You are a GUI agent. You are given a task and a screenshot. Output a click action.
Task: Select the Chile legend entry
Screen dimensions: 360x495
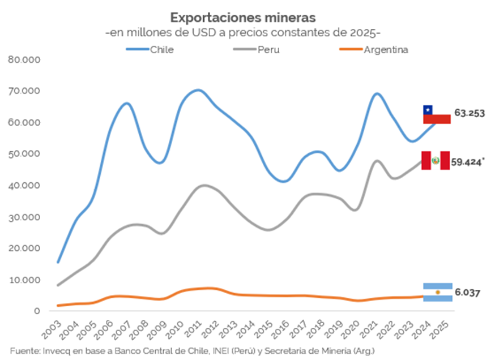(161, 49)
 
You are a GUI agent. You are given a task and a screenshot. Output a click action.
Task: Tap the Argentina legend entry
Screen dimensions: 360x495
(386, 49)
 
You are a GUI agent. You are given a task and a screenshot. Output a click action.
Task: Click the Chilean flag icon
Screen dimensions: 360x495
(437, 114)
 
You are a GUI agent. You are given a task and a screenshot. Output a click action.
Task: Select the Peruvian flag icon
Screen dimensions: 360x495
(436, 161)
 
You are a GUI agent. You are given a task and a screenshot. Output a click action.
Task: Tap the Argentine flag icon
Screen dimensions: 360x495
(437, 292)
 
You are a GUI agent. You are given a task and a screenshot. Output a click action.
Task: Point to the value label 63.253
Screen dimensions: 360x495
(468, 113)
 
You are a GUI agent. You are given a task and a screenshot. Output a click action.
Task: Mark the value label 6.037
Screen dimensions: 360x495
(467, 293)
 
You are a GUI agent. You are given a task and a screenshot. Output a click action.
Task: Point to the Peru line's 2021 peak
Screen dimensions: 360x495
(377, 161)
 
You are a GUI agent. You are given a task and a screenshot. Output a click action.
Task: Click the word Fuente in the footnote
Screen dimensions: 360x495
(24, 351)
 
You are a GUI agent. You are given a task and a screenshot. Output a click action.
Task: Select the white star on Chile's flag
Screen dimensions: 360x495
(428, 110)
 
